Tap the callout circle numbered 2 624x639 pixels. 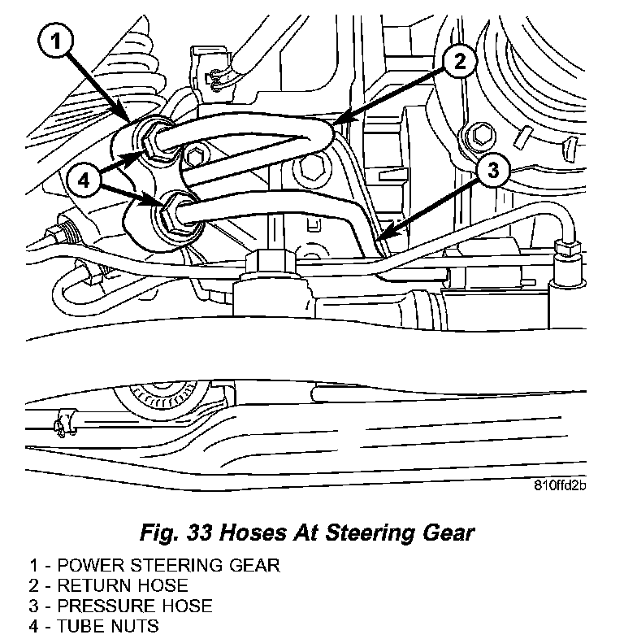click(x=460, y=61)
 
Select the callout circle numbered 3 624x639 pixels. click(x=493, y=171)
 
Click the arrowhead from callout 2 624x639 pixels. click(x=338, y=124)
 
